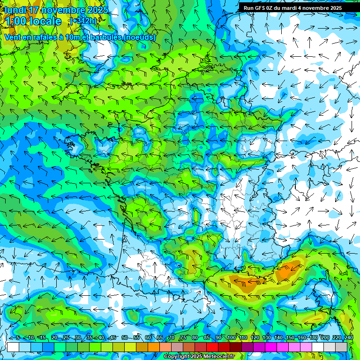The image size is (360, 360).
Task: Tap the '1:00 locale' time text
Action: click(x=33, y=21)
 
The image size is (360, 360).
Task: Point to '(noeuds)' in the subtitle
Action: click(x=139, y=37)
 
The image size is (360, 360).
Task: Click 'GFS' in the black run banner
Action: click(x=260, y=8)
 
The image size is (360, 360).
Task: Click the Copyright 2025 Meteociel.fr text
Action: click(x=199, y=357)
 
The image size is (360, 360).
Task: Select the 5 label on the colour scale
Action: click(x=17, y=338)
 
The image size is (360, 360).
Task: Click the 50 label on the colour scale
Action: click(x=124, y=338)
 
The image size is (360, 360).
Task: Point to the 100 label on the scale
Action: click(x=231, y=338)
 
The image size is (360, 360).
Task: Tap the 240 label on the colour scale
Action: click(x=348, y=338)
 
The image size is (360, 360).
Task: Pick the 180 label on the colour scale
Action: click(x=313, y=338)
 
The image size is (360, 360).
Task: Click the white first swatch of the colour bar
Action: click(x=13, y=347)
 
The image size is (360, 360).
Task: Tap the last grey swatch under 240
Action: click(x=341, y=347)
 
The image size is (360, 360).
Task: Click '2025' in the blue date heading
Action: click(x=97, y=10)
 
